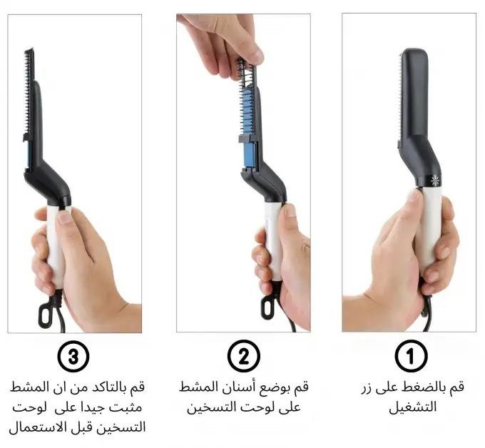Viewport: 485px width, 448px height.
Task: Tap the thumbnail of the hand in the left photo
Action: coord(64,216)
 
